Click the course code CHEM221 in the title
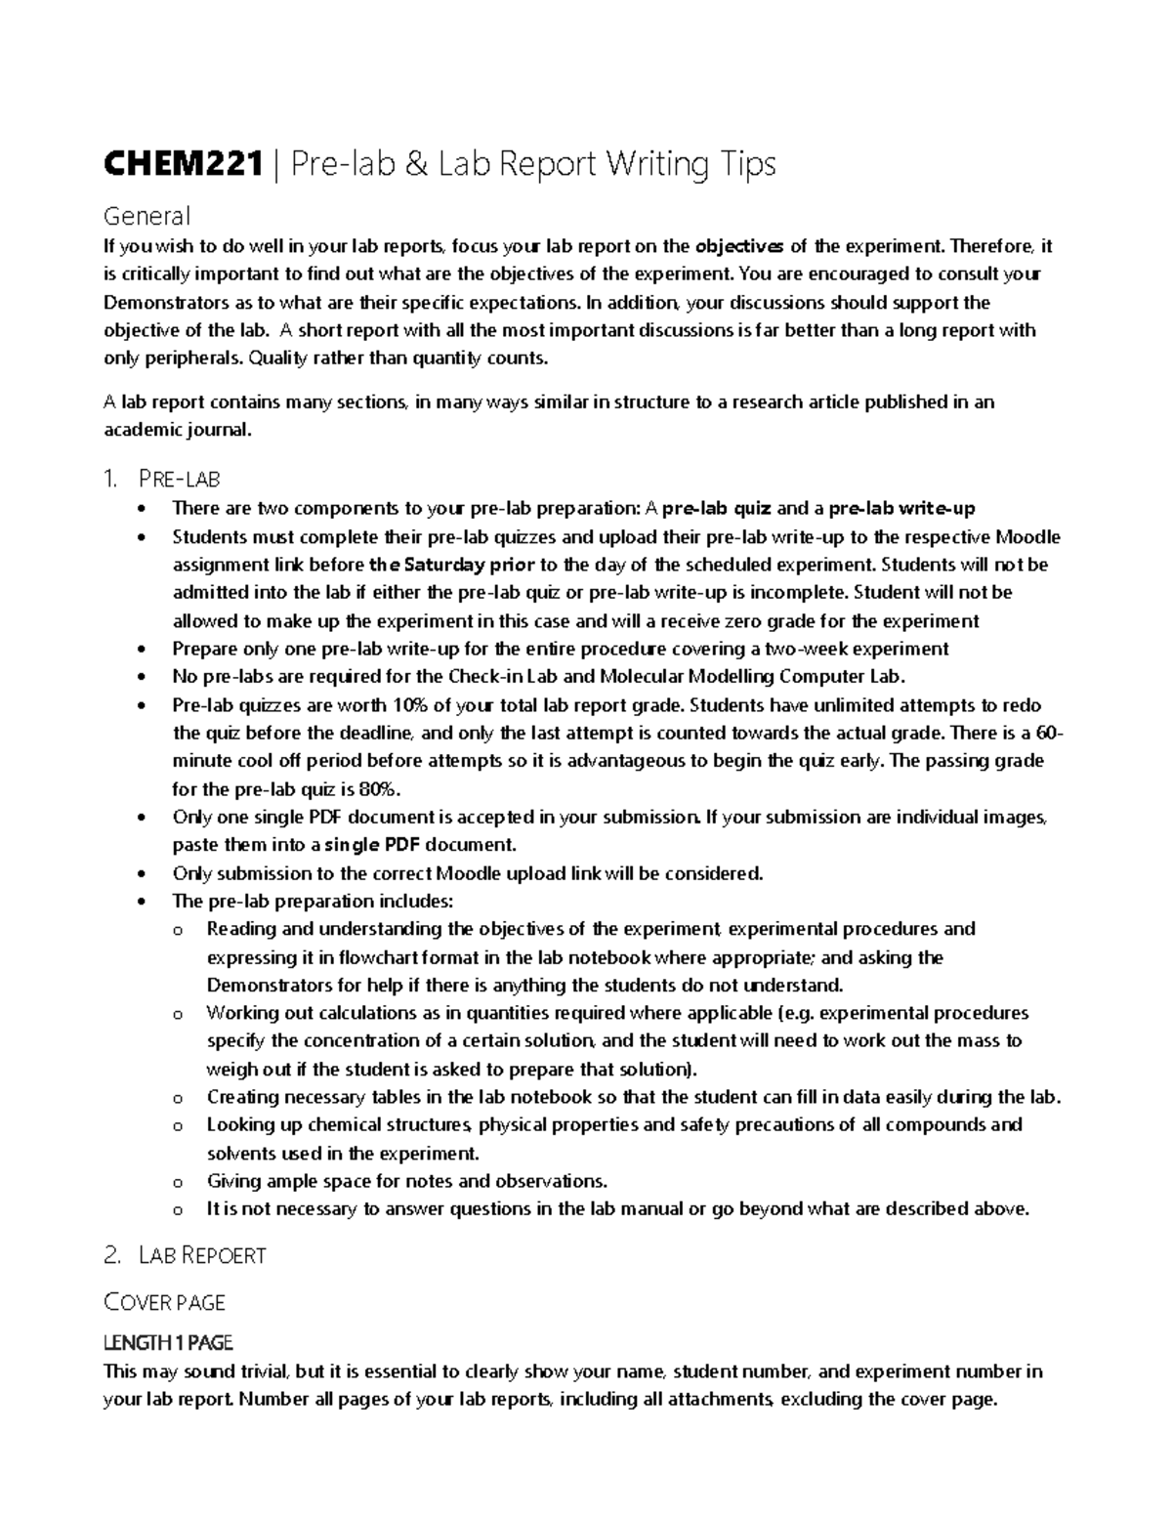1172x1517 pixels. [x=184, y=164]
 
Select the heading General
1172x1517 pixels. [x=146, y=215]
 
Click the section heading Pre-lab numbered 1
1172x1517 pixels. [x=181, y=479]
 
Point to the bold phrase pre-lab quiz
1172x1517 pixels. [x=717, y=508]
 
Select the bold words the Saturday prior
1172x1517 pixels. [x=451, y=565]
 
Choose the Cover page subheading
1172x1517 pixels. [x=164, y=1302]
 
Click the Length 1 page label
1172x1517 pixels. [x=168, y=1343]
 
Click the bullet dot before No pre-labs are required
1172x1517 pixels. [x=145, y=677]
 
